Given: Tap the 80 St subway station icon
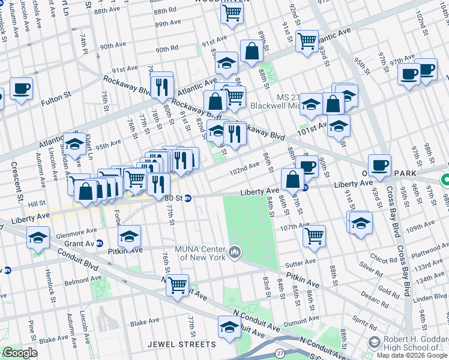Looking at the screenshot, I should tap(187, 197).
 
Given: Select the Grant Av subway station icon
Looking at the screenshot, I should tap(100, 244).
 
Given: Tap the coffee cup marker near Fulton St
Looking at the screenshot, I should tap(21, 89).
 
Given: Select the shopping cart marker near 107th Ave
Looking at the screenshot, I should tap(314, 235).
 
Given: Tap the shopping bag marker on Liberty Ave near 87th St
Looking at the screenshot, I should tap(292, 179).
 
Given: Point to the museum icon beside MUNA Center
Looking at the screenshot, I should tap(234, 250).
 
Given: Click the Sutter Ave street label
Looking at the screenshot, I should tap(300, 263).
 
